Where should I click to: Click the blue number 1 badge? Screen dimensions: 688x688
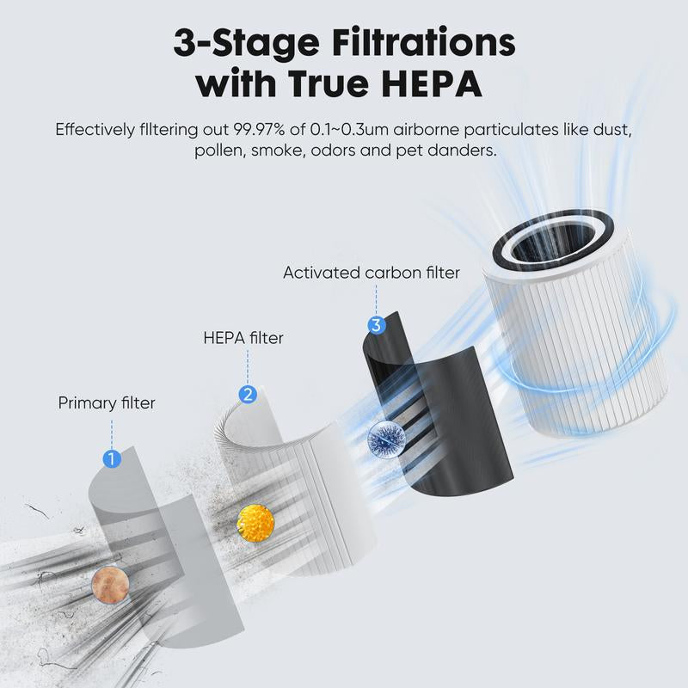[111, 458]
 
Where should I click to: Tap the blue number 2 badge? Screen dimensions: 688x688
[248, 395]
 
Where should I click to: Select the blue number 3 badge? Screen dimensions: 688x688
[376, 325]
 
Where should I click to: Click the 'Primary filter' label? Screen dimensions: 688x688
[107, 402]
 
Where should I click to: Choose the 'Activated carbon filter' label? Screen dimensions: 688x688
[372, 273]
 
